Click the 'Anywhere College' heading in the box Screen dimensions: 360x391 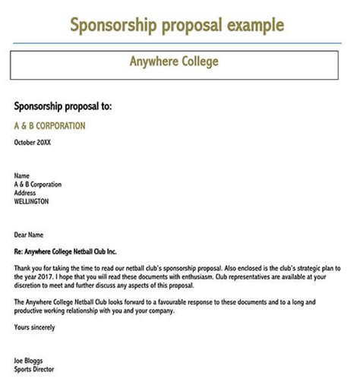(175, 61)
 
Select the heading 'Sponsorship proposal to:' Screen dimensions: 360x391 (63, 107)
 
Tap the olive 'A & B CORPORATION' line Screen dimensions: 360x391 (50, 126)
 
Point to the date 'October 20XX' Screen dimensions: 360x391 (34, 142)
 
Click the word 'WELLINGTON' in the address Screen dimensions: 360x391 (32, 202)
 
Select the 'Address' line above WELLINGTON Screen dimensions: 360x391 (27, 193)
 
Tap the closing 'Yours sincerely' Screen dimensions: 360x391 (35, 328)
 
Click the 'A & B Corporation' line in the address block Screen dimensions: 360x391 (38, 184)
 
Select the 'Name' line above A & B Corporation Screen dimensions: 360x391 (22, 175)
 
